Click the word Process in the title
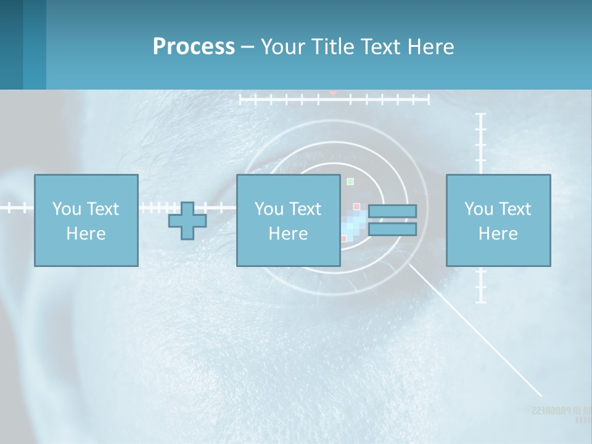(x=194, y=47)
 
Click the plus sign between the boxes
(x=187, y=221)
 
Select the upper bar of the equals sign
(x=392, y=211)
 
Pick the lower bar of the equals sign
(x=392, y=229)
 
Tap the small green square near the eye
(x=350, y=181)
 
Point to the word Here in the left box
(x=86, y=234)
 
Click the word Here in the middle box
(x=288, y=234)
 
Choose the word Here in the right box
(x=498, y=234)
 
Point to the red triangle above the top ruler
(x=332, y=92)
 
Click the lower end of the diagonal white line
(x=540, y=395)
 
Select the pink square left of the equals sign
(x=356, y=207)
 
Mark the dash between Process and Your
(x=248, y=47)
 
